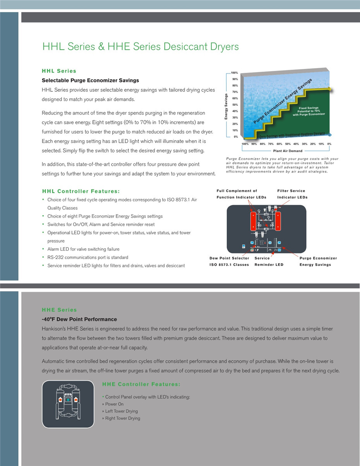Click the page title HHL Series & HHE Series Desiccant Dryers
(x=140, y=47)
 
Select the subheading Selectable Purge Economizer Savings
(x=90, y=81)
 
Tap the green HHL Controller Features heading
(x=81, y=191)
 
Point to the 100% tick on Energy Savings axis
(x=235, y=73)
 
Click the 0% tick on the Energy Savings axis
(x=236, y=137)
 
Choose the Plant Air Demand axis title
(x=288, y=151)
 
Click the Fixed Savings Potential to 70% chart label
(x=309, y=111)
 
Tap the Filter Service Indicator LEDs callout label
(x=292, y=194)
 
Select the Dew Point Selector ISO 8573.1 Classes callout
(x=229, y=261)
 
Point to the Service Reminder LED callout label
(x=269, y=261)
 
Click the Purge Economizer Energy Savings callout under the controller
(x=318, y=261)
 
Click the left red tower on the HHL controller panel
(x=254, y=220)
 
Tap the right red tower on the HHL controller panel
(x=278, y=220)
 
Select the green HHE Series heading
(x=59, y=310)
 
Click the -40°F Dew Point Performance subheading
(x=79, y=319)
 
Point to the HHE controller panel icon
(x=68, y=404)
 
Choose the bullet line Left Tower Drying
(x=121, y=411)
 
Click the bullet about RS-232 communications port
(x=87, y=257)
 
